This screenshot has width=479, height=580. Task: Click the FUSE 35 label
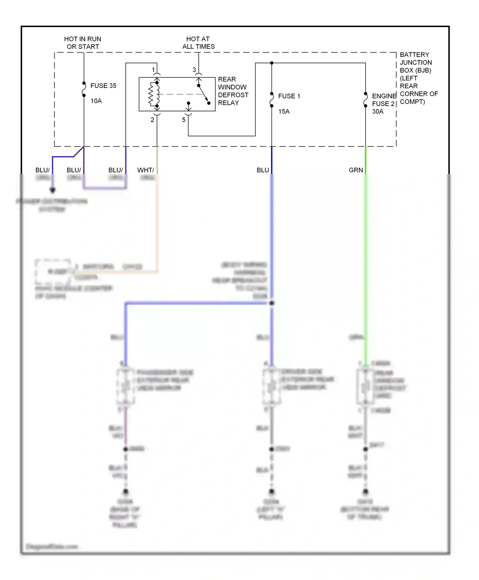pyautogui.click(x=103, y=86)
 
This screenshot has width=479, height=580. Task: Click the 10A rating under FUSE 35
pyautogui.click(x=96, y=101)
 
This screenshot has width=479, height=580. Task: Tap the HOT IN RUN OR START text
pyautogui.click(x=83, y=43)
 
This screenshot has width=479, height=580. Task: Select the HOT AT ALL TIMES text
pyautogui.click(x=198, y=43)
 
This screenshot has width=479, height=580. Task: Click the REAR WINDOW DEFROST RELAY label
pyautogui.click(x=233, y=91)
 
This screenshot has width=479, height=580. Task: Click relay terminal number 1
pyautogui.click(x=153, y=70)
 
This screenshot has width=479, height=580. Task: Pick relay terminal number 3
pyautogui.click(x=194, y=70)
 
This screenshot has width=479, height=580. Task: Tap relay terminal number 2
pyautogui.click(x=152, y=120)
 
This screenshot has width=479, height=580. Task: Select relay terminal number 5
pyautogui.click(x=184, y=120)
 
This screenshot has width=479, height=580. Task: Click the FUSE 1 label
pyautogui.click(x=289, y=96)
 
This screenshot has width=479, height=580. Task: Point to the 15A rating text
pyautogui.click(x=284, y=112)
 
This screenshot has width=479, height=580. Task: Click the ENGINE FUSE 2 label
pyautogui.click(x=384, y=100)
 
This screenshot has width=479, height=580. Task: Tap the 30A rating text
pyautogui.click(x=378, y=112)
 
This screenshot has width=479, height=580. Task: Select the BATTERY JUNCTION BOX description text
pyautogui.click(x=418, y=78)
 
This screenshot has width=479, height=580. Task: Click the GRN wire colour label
pyautogui.click(x=356, y=170)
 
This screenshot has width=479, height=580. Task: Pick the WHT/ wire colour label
pyautogui.click(x=146, y=170)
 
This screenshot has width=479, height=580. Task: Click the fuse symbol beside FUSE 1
pyautogui.click(x=272, y=100)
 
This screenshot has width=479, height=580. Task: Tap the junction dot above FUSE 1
pyautogui.click(x=272, y=63)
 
